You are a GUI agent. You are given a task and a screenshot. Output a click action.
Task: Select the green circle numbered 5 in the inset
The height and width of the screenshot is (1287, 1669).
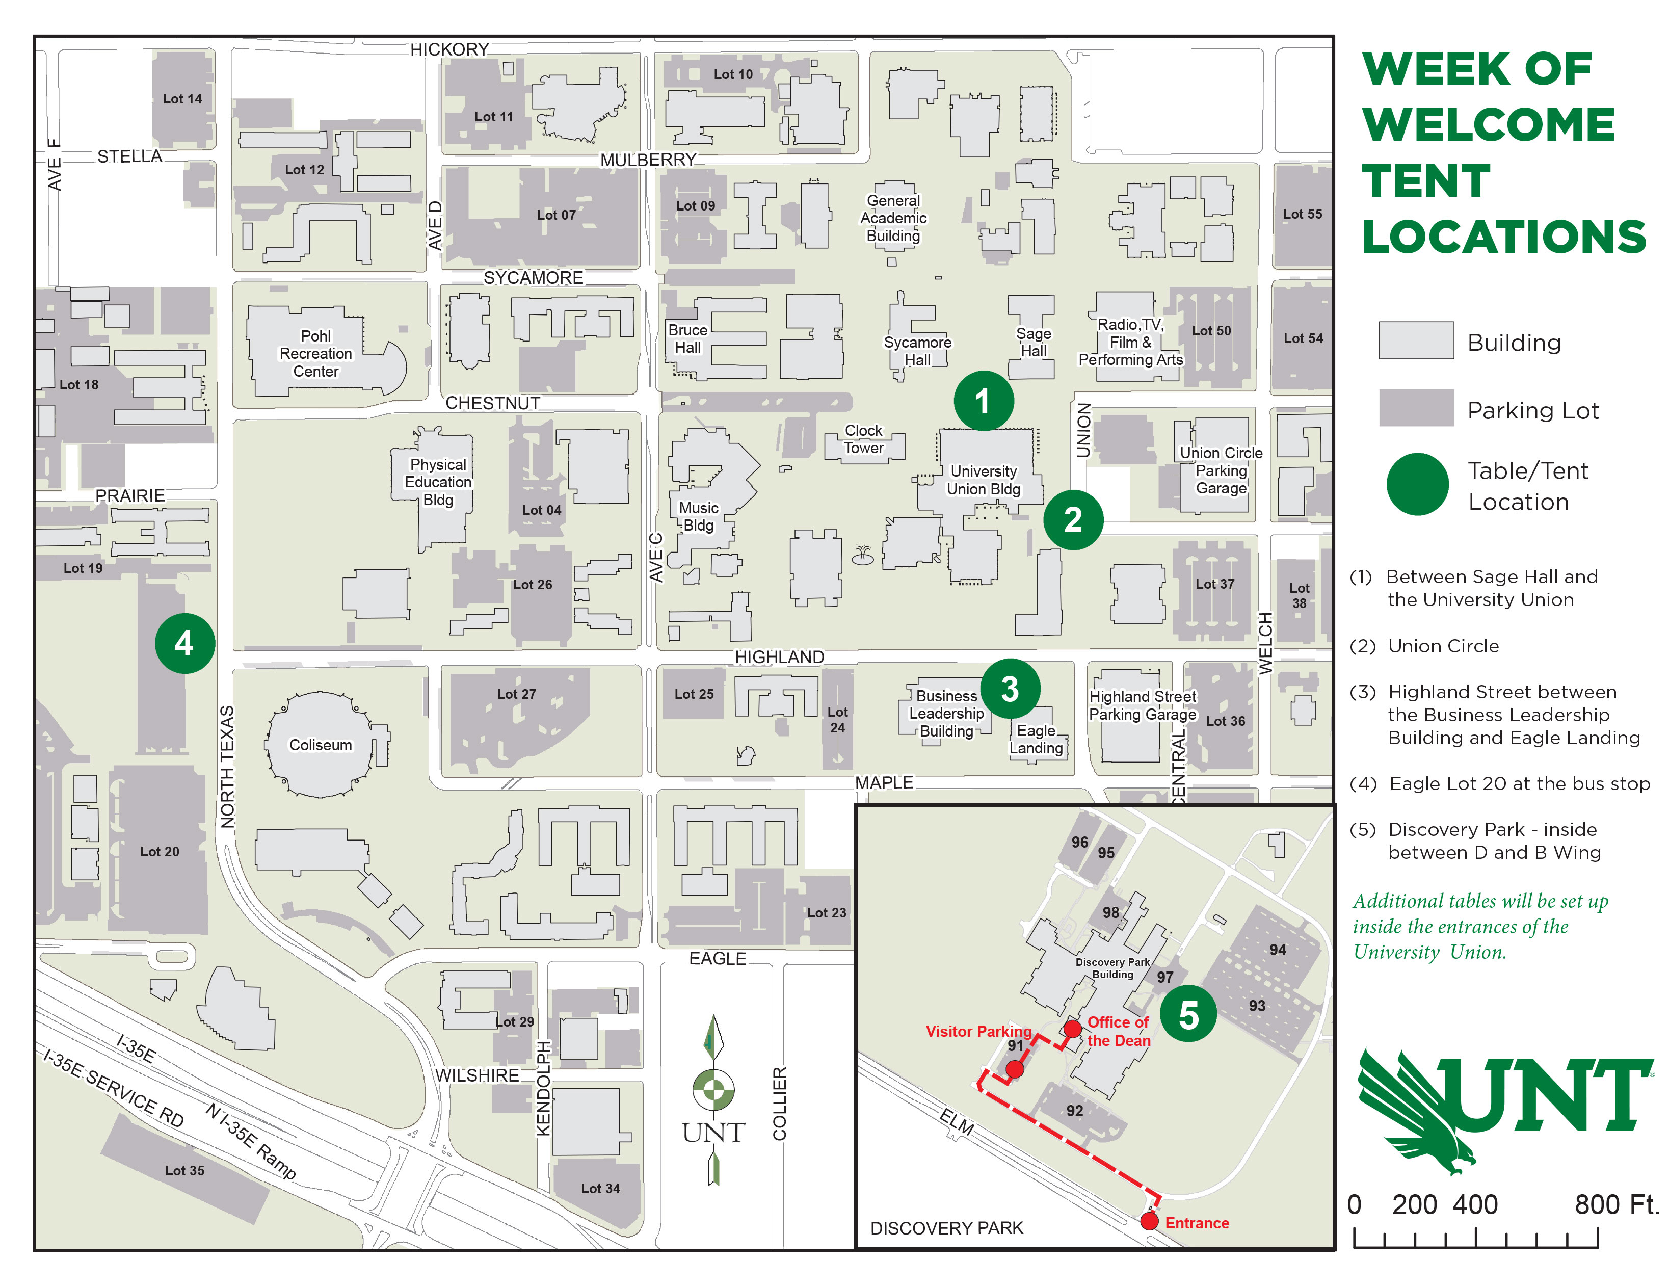click(1188, 1014)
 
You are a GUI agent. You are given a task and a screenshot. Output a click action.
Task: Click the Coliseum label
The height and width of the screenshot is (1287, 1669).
click(320, 745)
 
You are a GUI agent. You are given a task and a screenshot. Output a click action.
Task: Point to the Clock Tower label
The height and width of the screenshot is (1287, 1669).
click(863, 439)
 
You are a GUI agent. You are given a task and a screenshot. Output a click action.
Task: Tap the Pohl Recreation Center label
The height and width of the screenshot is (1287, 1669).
click(315, 354)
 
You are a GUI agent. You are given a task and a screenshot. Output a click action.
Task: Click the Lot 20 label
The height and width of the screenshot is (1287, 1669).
click(159, 851)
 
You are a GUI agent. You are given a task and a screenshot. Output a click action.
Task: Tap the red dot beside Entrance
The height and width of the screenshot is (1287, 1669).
click(1149, 1221)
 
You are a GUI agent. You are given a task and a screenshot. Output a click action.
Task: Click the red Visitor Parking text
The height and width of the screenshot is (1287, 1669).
click(978, 1031)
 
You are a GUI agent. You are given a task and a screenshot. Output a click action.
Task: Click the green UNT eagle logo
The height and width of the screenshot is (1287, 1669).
click(1502, 1108)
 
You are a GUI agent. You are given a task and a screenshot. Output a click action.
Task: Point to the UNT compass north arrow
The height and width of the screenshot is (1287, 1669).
click(713, 1097)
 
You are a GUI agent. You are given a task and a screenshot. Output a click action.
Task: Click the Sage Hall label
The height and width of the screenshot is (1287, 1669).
click(1033, 343)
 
